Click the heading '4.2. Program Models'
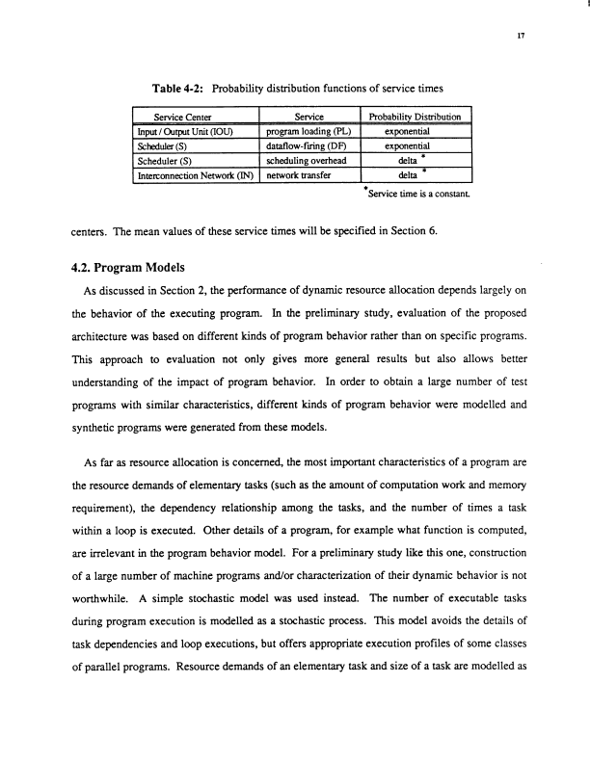pos(128,269)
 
